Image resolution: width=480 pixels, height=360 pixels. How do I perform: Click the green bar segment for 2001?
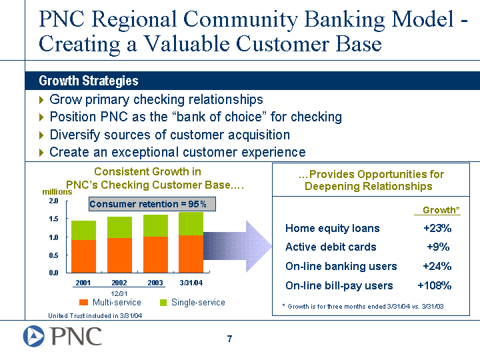click(x=83, y=230)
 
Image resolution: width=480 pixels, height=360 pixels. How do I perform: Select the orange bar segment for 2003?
click(x=155, y=255)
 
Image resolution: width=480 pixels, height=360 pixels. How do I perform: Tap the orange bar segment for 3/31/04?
click(x=191, y=254)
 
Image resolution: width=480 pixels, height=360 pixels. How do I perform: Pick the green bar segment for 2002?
click(x=120, y=227)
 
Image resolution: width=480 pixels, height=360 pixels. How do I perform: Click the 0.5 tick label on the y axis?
click(x=53, y=255)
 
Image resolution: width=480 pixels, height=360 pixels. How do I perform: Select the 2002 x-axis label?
click(x=119, y=283)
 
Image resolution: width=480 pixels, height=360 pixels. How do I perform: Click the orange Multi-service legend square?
click(x=83, y=303)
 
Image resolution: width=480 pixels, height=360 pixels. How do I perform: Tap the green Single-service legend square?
click(x=163, y=303)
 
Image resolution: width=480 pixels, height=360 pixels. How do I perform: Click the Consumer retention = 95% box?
click(x=152, y=204)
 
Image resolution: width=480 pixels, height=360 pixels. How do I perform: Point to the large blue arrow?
click(x=237, y=246)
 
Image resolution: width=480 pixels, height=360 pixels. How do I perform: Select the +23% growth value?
click(x=437, y=228)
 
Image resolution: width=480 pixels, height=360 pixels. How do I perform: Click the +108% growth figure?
click(x=435, y=285)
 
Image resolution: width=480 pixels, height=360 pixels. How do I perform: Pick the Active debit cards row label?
click(x=331, y=247)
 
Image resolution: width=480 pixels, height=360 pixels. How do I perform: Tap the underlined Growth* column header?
click(x=441, y=210)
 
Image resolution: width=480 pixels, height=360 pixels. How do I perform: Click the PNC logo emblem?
click(x=34, y=336)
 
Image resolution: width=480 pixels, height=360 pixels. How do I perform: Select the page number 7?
click(x=229, y=339)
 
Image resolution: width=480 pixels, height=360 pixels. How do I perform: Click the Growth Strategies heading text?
click(x=89, y=81)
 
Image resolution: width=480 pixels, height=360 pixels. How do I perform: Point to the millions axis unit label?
click(x=57, y=192)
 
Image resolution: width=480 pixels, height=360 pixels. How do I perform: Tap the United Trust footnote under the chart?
click(x=95, y=315)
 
